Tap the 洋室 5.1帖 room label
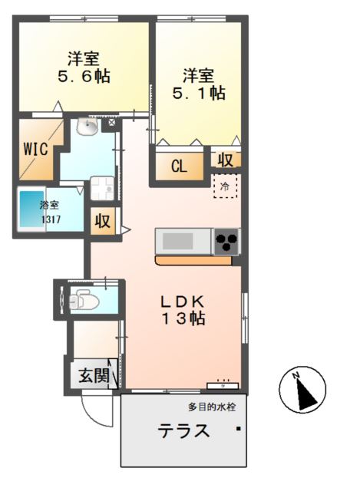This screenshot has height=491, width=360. pyautogui.click(x=201, y=84)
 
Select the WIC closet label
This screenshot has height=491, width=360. pyautogui.click(x=35, y=148)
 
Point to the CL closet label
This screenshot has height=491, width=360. pyautogui.click(x=180, y=166)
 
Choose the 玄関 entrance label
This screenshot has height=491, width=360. pyautogui.click(x=93, y=376)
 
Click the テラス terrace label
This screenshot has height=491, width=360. pyautogui.click(x=183, y=430)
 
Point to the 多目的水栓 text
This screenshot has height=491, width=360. pyautogui.click(x=210, y=407)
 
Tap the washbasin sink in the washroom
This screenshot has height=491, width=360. pyautogui.click(x=88, y=127)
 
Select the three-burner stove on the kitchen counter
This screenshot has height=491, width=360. pyautogui.click(x=226, y=242)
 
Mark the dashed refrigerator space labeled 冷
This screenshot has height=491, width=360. pyautogui.click(x=225, y=186)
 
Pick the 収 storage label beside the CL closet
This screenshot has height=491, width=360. pyautogui.click(x=224, y=160)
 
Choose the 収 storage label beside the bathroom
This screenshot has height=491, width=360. pyautogui.click(x=103, y=222)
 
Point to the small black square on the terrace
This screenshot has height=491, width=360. pyautogui.click(x=239, y=428)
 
